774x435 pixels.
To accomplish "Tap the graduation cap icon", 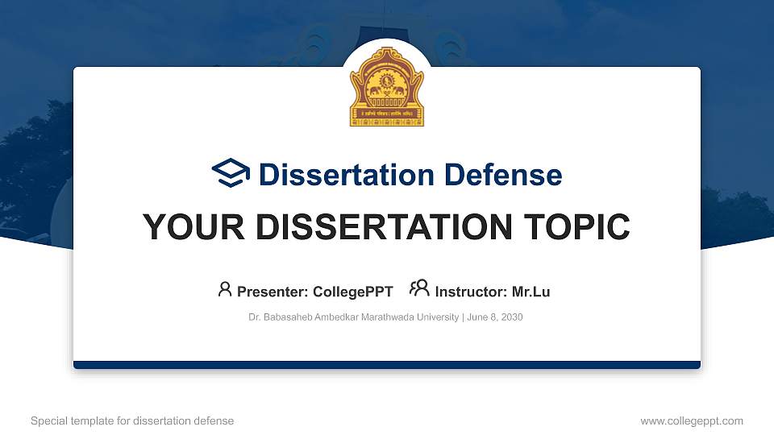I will coord(231,174).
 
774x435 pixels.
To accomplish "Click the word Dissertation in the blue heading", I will coord(336,175).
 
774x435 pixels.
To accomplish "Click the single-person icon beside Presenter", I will coord(225,289).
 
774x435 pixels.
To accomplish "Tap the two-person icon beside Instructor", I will coord(419,289).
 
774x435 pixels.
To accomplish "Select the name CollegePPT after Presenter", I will coord(352,292).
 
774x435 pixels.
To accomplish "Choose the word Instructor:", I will coord(471,292).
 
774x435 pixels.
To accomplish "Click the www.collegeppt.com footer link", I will coord(691,420).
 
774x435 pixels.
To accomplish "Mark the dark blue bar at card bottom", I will coord(386,365).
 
